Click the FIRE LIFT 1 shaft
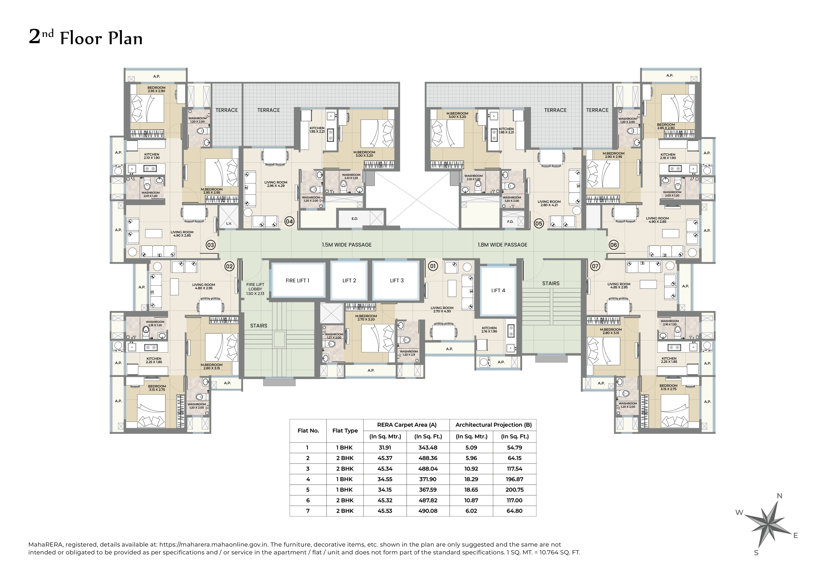pyautogui.click(x=298, y=281)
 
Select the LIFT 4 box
pyautogui.click(x=498, y=290)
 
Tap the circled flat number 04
pyautogui.click(x=289, y=221)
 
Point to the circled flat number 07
pyautogui.click(x=595, y=266)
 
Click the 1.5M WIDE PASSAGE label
pyautogui.click(x=347, y=245)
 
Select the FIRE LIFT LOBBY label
pyautogui.click(x=255, y=289)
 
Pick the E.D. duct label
pyautogui.click(x=355, y=219)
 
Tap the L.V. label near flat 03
pyautogui.click(x=229, y=223)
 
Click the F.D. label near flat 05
pyautogui.click(x=510, y=222)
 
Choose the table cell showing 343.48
pyautogui.click(x=428, y=447)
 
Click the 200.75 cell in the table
pyautogui.click(x=514, y=490)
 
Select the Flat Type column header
pyautogui.click(x=345, y=431)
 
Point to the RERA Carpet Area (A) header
pyautogui.click(x=407, y=425)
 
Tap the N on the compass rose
pyautogui.click(x=780, y=496)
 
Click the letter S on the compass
pyautogui.click(x=756, y=553)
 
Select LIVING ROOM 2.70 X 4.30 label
pyautogui.click(x=442, y=309)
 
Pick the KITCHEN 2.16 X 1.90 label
pyautogui.click(x=489, y=330)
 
